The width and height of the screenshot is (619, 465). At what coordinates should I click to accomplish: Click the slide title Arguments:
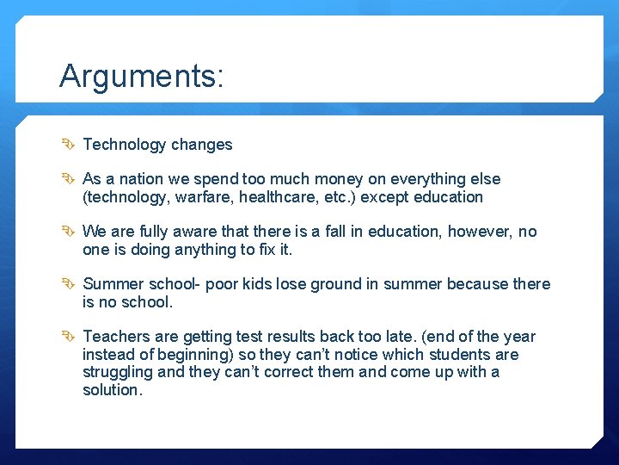click(142, 77)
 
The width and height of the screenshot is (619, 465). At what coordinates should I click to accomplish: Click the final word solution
click(112, 389)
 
